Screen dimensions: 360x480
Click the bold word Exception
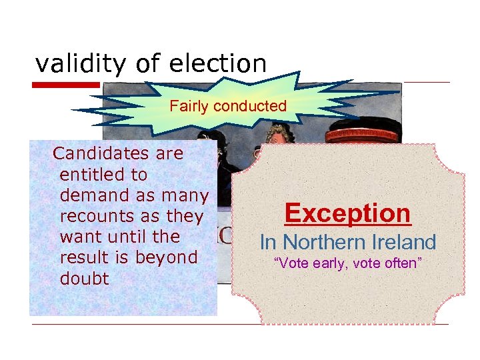pyautogui.click(x=347, y=213)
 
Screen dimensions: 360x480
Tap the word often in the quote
pyautogui.click(x=401, y=263)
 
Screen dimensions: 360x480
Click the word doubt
pyautogui.click(x=84, y=278)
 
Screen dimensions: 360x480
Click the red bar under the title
pyautogui.click(x=66, y=85)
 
